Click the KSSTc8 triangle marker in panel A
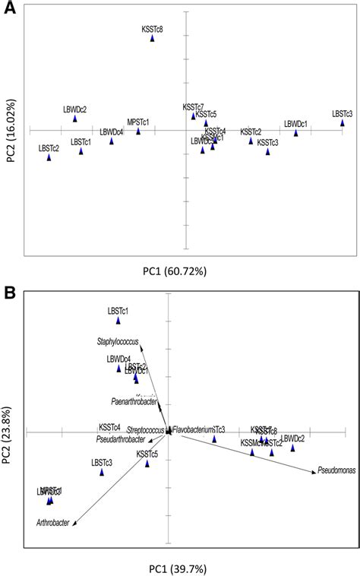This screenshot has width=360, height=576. [x=153, y=38]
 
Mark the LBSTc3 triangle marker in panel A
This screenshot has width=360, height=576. [x=343, y=123]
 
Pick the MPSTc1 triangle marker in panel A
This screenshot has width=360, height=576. [x=138, y=131]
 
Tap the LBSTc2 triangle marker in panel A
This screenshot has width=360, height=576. [x=49, y=157]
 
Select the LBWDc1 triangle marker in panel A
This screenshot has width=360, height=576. [x=296, y=133]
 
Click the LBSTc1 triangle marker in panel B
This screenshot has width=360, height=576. [x=118, y=321]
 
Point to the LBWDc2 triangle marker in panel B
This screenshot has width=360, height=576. [x=293, y=448]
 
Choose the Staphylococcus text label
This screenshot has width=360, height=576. [x=117, y=341]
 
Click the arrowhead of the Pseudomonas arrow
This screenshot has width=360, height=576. [x=312, y=473]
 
